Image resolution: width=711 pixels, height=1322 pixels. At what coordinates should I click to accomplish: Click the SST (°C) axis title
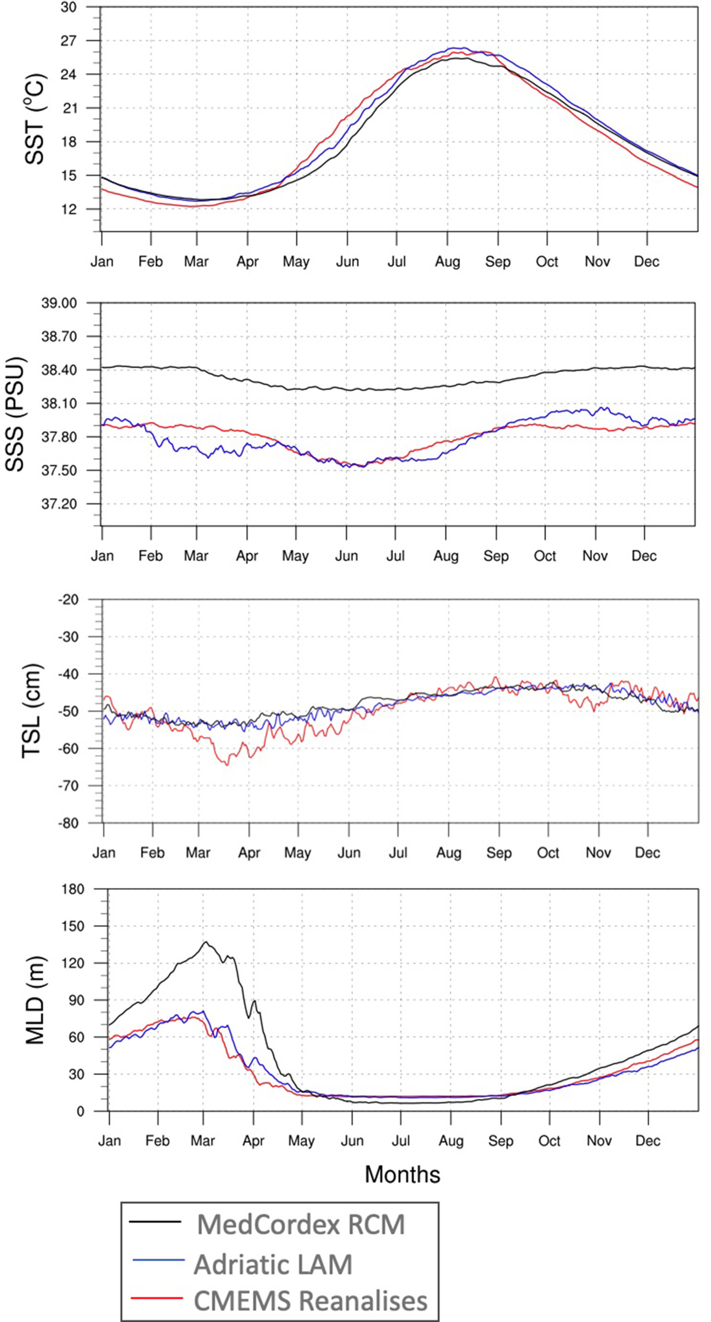(x=35, y=119)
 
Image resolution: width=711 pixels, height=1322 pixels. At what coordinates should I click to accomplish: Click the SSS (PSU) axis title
(x=15, y=414)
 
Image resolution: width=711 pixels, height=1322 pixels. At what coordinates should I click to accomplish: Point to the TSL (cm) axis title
(x=31, y=711)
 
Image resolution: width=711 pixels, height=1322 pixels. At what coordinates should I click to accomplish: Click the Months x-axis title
(x=402, y=1174)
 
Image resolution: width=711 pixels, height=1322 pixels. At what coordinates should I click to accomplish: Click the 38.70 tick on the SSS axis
(x=59, y=336)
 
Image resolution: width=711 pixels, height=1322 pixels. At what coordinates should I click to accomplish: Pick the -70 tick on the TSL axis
(x=68, y=786)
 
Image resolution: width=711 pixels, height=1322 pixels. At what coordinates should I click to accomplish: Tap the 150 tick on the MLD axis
(x=73, y=926)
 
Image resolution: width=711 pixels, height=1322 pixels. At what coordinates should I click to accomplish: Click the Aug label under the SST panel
(x=447, y=262)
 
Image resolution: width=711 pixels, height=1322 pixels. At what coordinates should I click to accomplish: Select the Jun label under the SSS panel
(x=346, y=556)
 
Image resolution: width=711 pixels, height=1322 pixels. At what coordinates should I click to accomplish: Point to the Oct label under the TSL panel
(x=548, y=853)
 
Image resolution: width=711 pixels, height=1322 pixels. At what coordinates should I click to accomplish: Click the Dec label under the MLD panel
(x=648, y=1141)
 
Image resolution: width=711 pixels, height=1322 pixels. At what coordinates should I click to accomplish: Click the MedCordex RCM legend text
(x=301, y=1224)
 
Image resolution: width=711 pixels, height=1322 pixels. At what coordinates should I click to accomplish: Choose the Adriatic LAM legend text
(x=273, y=1264)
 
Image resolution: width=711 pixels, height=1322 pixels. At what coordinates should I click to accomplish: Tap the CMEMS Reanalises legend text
(x=310, y=1301)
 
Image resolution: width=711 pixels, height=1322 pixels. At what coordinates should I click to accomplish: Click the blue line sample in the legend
(x=158, y=1260)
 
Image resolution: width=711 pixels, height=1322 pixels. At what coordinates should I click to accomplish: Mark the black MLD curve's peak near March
(x=206, y=942)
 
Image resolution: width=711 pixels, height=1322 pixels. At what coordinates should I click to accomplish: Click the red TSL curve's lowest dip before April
(x=227, y=765)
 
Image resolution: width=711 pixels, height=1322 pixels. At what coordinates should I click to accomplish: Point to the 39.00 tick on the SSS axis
(x=59, y=303)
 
